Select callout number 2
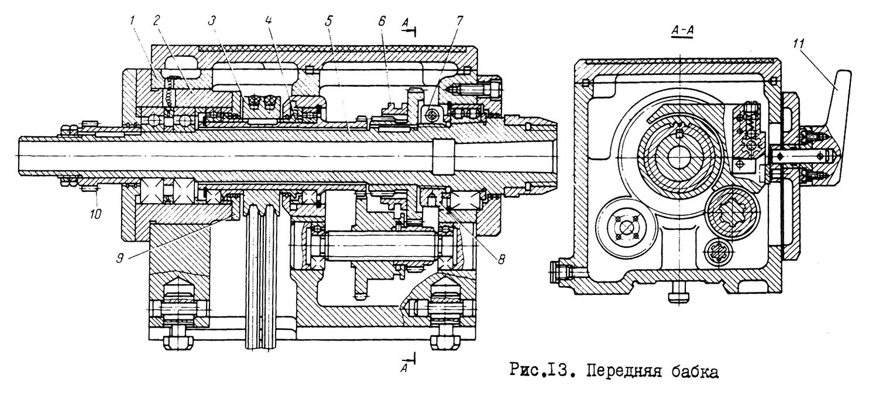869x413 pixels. coord(157,21)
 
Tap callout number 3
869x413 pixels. coord(212,21)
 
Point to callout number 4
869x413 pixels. coord(269,21)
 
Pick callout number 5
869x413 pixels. coord(329,21)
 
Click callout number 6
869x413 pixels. coord(382,21)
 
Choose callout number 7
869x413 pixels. coord(459,21)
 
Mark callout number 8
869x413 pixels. coord(502,259)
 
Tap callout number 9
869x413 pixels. coord(120,258)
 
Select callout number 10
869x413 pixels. coord(95,213)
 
